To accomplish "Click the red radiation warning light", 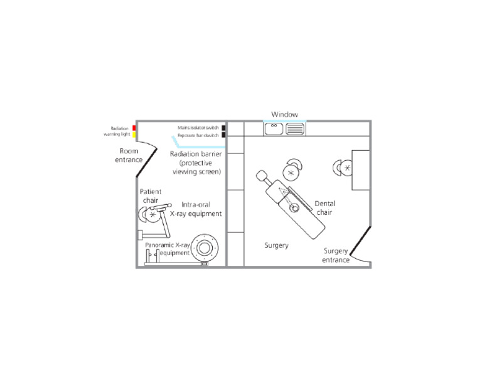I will point(134,128).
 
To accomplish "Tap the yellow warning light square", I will point(134,135).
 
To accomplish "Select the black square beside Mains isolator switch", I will point(223,128).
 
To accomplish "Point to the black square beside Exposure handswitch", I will point(223,135).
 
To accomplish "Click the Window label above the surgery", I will point(284,115).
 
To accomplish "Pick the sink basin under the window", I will point(274,129).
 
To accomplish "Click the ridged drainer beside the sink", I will point(295,129).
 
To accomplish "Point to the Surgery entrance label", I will point(336,255).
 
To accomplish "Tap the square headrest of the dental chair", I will point(263,177).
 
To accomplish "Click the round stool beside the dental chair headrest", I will point(291,170).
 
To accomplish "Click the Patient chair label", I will point(151,195).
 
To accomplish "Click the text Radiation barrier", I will point(196,153).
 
